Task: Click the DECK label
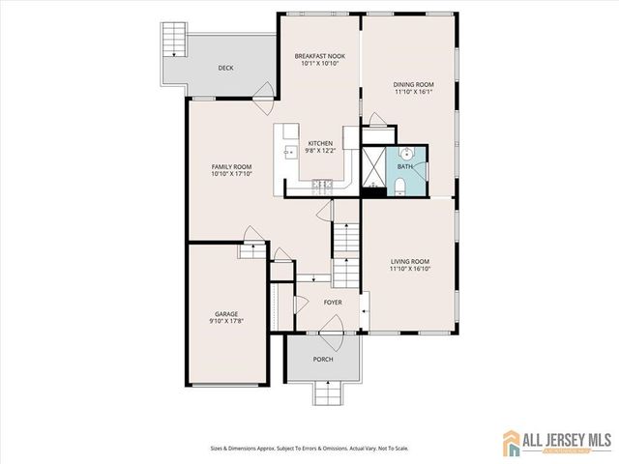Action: point(225,68)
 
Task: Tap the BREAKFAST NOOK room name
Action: point(319,57)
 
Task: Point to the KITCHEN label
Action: point(320,142)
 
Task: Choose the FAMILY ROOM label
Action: point(231,167)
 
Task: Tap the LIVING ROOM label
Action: point(410,262)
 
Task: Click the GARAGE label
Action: point(225,314)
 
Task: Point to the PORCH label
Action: point(323,360)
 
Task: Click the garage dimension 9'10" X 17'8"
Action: point(225,322)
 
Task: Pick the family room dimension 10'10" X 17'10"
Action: point(231,175)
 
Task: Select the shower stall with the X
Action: point(372,165)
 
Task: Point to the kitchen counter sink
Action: point(288,152)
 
